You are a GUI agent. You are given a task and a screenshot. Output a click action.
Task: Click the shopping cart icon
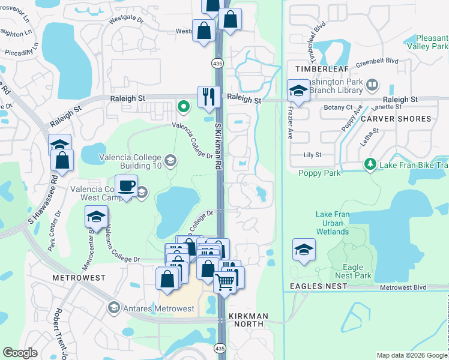(224, 280)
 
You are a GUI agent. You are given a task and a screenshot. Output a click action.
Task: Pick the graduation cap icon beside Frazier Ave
(298, 91)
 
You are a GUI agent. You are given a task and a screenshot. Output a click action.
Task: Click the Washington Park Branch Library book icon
(372, 85)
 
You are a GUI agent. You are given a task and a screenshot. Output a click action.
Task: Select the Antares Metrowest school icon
(113, 308)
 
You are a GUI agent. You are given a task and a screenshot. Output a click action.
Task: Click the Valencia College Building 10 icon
(170, 160)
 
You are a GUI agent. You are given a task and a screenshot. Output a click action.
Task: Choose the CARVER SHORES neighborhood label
(396, 119)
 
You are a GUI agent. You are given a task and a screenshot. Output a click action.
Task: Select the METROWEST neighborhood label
(79, 278)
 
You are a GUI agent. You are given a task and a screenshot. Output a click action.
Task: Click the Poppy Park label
(319, 173)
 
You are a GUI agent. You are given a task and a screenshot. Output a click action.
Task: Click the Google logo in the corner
(20, 353)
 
